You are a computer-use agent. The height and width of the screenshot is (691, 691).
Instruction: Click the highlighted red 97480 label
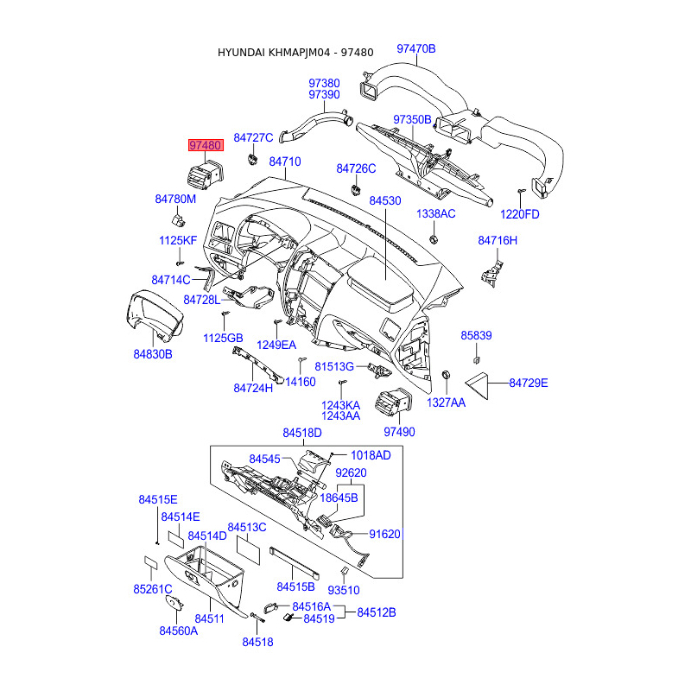click(206, 145)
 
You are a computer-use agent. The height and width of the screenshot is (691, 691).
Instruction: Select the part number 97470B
click(416, 48)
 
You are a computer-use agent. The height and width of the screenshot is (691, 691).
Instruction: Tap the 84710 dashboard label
click(285, 162)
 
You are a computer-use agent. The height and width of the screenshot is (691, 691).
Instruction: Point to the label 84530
click(385, 200)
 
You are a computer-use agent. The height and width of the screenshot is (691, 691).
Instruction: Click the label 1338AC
click(436, 213)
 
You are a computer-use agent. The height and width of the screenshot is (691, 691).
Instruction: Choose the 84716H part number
click(498, 240)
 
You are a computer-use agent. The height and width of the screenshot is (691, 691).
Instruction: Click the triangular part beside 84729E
click(478, 385)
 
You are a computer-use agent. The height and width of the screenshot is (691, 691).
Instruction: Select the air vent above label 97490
click(394, 403)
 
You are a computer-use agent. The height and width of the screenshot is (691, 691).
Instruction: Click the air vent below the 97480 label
click(206, 175)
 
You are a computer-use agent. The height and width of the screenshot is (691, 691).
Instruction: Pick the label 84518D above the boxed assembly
click(302, 433)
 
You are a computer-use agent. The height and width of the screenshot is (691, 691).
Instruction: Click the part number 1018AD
click(371, 455)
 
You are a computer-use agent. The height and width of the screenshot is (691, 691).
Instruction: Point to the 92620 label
click(351, 472)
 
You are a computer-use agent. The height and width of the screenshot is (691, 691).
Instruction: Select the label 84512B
click(377, 612)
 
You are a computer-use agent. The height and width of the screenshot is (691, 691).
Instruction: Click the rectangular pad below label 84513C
click(249, 550)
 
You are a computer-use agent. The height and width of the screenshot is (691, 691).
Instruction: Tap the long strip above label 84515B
click(295, 563)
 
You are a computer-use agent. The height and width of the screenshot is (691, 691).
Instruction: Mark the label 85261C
click(153, 589)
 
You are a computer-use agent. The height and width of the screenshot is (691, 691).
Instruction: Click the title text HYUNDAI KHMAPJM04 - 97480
click(295, 53)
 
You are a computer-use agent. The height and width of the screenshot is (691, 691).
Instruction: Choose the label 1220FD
click(520, 214)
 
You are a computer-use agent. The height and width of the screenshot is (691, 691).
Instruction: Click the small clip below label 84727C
click(252, 158)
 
